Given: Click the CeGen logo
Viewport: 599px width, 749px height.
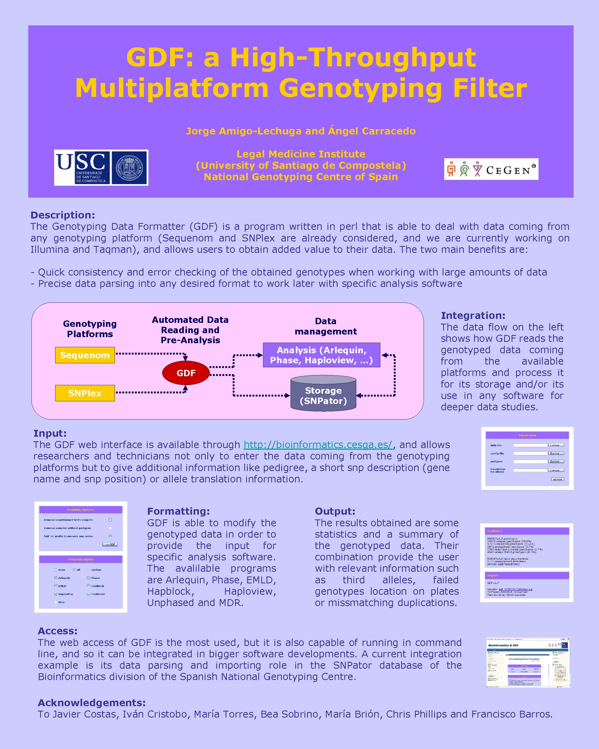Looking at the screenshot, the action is [x=491, y=169].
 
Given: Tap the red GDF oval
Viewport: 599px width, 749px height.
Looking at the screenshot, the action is [x=186, y=373].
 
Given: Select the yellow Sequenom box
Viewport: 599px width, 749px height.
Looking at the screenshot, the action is [x=85, y=355].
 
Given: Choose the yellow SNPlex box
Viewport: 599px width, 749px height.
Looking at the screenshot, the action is [x=85, y=393].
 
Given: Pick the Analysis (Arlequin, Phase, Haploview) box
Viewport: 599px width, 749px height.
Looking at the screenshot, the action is [x=321, y=355].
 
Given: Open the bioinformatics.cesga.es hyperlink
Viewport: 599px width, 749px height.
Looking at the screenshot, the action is [x=318, y=445].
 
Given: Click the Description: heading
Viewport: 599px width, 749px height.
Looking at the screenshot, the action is [x=63, y=215].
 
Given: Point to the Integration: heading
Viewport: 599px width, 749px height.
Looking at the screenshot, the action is [x=473, y=315].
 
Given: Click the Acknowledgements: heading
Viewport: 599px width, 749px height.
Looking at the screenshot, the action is [x=92, y=703].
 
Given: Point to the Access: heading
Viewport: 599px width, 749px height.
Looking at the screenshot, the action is [x=58, y=631].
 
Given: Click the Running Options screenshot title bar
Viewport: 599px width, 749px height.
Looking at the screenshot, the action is [x=81, y=510].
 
